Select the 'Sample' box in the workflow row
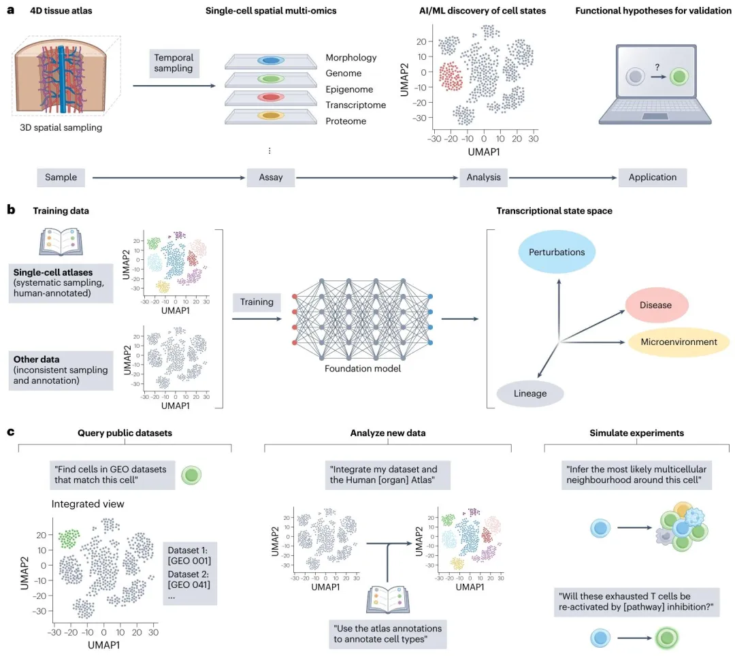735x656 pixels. click(61, 178)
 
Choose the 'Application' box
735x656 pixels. click(653, 178)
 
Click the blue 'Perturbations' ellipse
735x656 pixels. click(557, 252)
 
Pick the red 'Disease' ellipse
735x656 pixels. click(655, 306)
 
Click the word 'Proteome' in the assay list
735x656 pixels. click(346, 121)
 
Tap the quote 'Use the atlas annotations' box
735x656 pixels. click(387, 634)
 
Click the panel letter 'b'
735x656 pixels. click(11, 210)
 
